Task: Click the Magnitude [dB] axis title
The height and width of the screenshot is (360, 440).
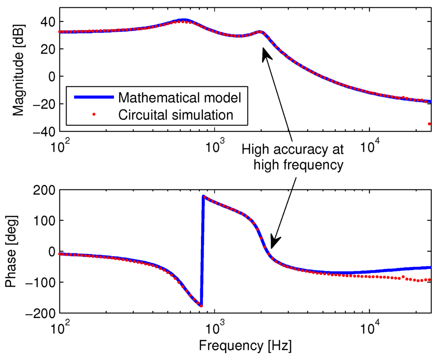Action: (x=18, y=70)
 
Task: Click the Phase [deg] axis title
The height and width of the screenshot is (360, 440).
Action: (x=12, y=252)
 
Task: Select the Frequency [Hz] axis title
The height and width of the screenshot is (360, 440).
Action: (x=245, y=346)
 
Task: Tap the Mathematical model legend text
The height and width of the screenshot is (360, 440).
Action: (x=180, y=98)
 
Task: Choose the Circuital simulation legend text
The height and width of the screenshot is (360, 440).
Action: (x=176, y=115)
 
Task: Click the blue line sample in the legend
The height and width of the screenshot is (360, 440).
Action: (x=94, y=97)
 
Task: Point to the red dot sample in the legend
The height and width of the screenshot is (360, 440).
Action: (x=94, y=114)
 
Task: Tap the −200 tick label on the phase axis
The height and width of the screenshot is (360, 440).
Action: (x=40, y=313)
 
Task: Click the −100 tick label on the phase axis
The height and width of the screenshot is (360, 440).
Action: (x=40, y=282)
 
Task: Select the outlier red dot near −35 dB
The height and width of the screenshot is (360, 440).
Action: (x=429, y=124)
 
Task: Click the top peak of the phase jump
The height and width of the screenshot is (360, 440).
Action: (x=203, y=196)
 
